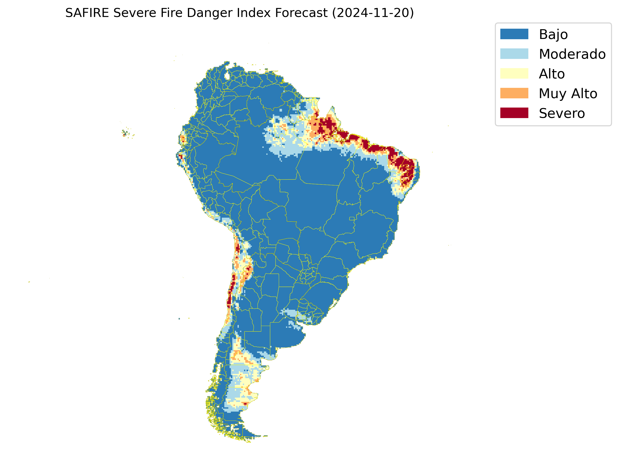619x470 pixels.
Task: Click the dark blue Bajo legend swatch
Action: point(514,34)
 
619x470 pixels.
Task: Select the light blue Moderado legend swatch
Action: point(514,54)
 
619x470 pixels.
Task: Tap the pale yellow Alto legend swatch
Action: point(514,74)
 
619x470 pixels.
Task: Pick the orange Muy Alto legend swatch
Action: point(514,93)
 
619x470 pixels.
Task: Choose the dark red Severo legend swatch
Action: point(514,113)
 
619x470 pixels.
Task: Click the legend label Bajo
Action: point(553,35)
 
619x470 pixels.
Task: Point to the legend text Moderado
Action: point(572,54)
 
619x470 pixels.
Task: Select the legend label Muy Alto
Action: point(568,94)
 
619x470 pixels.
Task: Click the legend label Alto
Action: point(552,74)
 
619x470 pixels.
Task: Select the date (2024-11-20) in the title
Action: point(373,13)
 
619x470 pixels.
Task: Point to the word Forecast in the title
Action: point(301,13)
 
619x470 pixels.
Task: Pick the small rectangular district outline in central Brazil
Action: point(352,218)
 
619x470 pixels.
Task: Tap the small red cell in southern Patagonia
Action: point(245,404)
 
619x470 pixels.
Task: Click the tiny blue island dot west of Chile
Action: point(179,319)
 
